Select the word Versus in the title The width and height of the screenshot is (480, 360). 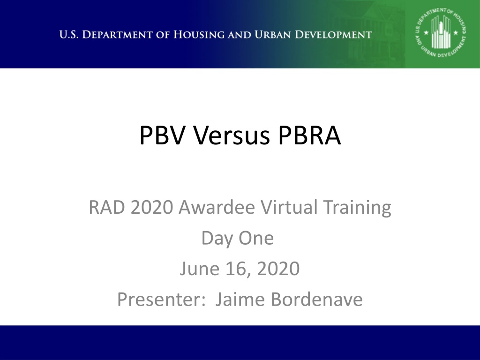231,135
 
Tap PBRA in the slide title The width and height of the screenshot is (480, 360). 309,135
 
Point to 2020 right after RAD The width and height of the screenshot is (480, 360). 152,207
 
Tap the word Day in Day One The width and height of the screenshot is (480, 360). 217,239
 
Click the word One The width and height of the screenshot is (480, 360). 256,239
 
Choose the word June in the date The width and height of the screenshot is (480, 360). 200,269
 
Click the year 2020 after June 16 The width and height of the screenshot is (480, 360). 278,269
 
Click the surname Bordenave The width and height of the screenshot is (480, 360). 316,299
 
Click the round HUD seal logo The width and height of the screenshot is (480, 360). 441,33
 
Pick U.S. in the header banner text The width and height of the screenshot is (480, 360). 69,35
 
